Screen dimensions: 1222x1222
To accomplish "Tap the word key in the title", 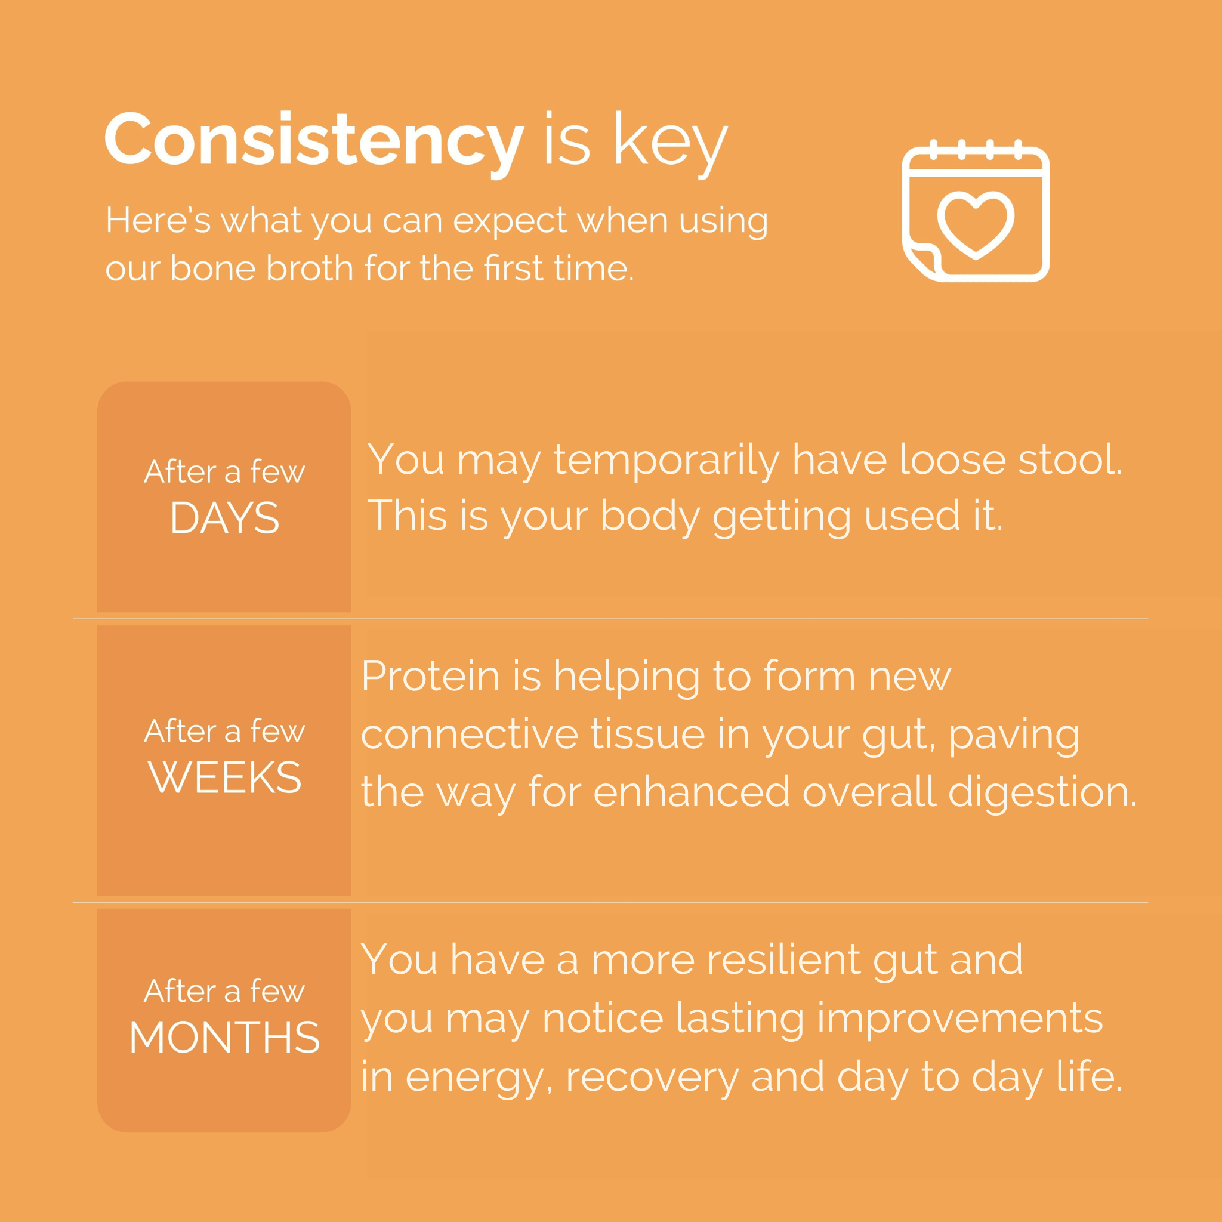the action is point(671,144).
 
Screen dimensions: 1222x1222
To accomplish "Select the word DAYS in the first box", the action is point(224,518).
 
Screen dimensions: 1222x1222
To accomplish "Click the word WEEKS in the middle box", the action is point(224,777).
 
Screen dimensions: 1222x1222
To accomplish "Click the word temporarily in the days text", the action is point(666,461).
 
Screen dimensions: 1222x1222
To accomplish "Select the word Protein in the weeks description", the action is point(431,676).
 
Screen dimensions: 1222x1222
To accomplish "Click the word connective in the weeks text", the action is point(470,735).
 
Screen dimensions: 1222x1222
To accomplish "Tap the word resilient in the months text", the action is point(783,959).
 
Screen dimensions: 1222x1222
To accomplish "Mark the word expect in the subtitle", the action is point(510,222).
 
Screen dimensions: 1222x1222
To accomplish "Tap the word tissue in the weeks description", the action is point(647,735).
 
